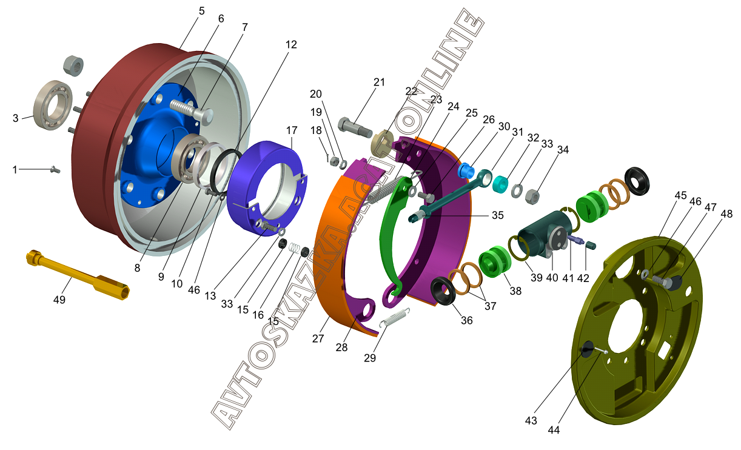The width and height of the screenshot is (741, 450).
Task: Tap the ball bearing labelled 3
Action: [53, 105]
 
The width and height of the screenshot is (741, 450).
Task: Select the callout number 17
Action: [292, 130]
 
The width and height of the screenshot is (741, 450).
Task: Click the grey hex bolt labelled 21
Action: [355, 128]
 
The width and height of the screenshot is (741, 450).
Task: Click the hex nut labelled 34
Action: [532, 196]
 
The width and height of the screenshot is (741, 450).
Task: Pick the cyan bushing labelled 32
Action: [501, 184]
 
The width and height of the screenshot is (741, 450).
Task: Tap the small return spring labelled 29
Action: [394, 318]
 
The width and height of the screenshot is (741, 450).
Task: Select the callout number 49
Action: [59, 300]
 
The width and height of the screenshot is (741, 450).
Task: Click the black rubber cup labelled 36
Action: [443, 292]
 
